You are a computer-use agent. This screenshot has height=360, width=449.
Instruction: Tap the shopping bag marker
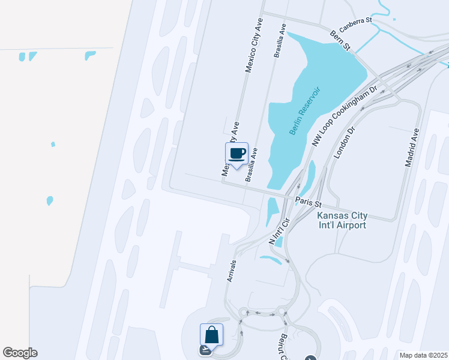tap(211, 335)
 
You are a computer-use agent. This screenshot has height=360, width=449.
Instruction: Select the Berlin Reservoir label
tap(305, 111)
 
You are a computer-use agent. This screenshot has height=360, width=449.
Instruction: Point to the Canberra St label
tap(356, 25)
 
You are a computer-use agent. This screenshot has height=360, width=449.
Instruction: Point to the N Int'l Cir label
tap(280, 230)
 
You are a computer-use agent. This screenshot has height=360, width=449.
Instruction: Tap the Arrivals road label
tap(232, 271)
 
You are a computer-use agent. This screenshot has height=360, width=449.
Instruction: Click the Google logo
tap(20, 353)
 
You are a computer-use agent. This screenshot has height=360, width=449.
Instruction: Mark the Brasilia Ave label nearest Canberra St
tap(279, 41)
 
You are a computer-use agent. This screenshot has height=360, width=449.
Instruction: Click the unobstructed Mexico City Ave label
tap(255, 45)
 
